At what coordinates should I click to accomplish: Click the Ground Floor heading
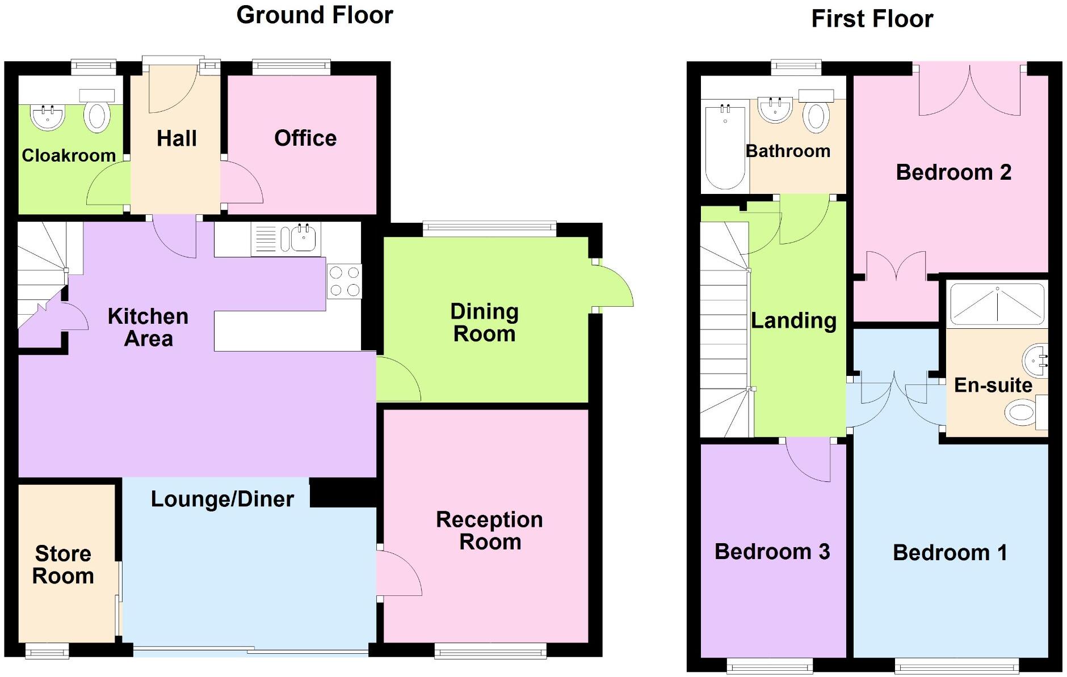[x=314, y=15]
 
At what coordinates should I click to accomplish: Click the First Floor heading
[x=872, y=19]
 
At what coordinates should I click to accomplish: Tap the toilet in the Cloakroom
[x=96, y=117]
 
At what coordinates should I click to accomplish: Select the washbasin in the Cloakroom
[x=48, y=117]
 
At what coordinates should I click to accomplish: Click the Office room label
[x=305, y=138]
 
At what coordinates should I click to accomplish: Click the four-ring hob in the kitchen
[x=344, y=281]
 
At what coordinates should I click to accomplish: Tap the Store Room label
[x=63, y=565]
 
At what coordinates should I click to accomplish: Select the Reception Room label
[x=489, y=530]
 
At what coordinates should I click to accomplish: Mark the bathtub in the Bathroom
[x=725, y=146]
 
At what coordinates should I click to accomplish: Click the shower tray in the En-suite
[x=997, y=304]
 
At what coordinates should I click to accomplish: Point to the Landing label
[x=793, y=321]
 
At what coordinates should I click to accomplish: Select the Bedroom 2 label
[x=953, y=172]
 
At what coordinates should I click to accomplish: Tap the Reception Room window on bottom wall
[x=490, y=651]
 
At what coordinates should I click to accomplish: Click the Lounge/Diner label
[x=222, y=499]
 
